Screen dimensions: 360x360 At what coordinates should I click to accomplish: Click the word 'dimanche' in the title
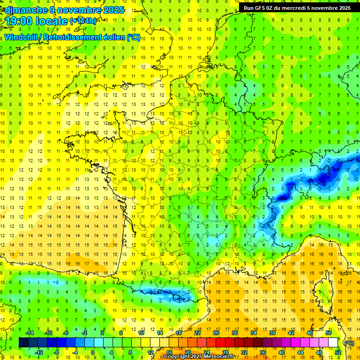25,10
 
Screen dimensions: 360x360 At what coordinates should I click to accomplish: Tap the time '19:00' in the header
19,21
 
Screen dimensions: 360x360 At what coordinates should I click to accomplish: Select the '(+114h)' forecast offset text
83,21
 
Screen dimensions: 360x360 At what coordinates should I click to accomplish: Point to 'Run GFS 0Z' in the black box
260,7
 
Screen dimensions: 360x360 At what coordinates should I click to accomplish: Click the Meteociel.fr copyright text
199,357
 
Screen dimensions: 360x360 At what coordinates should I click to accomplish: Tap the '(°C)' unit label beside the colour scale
349,343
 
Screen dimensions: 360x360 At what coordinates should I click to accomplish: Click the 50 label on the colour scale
328,333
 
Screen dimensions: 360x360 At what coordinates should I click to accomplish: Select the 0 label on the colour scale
93,352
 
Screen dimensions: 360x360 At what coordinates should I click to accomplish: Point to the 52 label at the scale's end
337,352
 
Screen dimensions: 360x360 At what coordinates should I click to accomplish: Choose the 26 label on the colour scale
216,333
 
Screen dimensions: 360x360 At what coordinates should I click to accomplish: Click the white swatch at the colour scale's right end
333,343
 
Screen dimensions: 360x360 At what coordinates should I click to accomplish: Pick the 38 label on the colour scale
272,333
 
